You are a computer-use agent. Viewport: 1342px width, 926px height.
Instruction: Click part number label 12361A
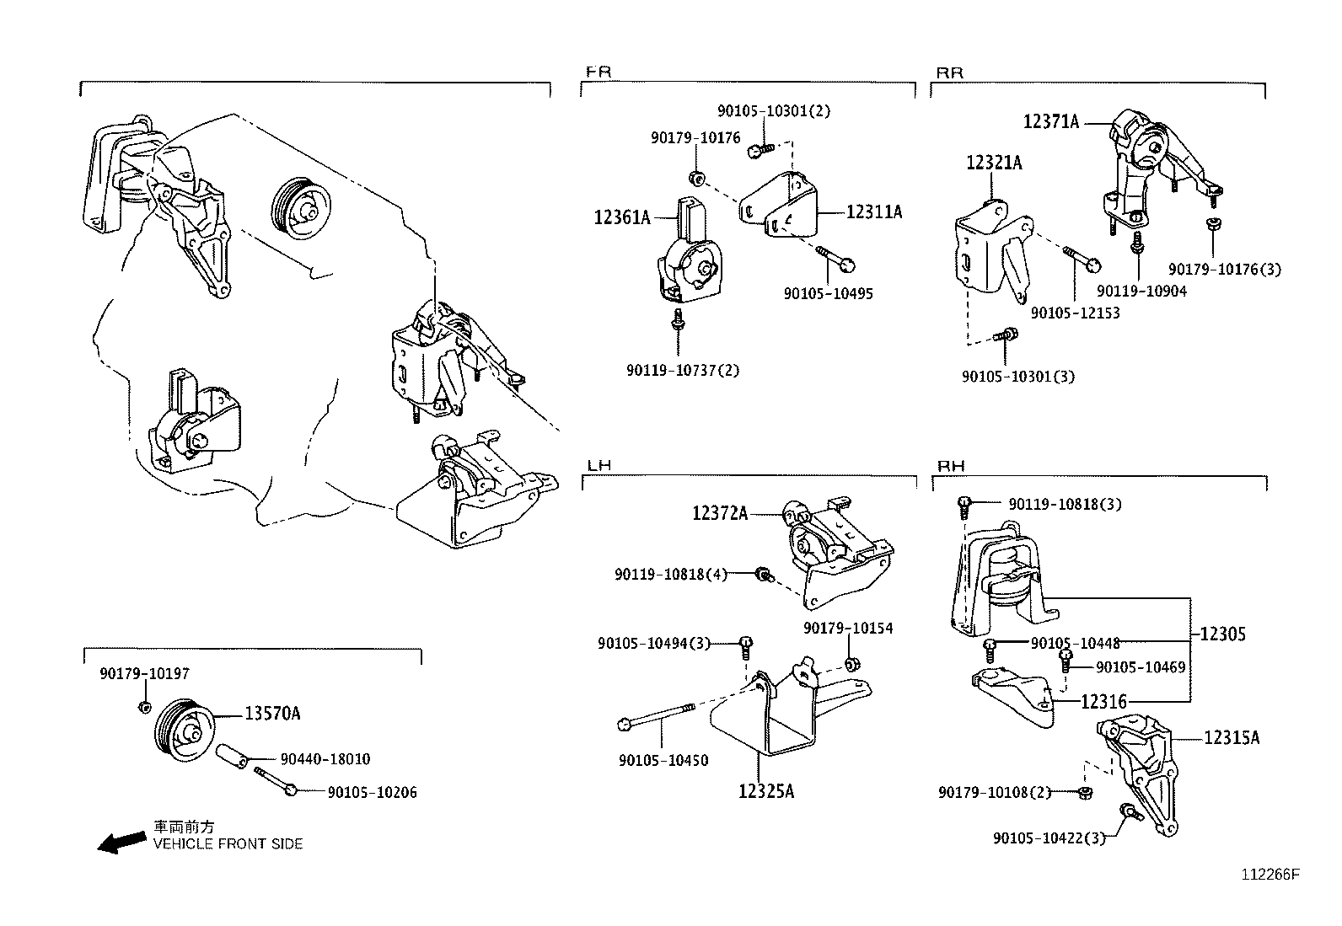(x=621, y=217)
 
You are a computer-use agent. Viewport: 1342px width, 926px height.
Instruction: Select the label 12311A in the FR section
(x=873, y=212)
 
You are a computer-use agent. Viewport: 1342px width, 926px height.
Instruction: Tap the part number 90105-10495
(x=828, y=293)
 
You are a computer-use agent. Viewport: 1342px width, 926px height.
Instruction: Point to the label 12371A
(x=1050, y=121)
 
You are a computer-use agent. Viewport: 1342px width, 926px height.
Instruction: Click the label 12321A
(x=994, y=163)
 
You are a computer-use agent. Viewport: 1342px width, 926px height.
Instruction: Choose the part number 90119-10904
(x=1141, y=291)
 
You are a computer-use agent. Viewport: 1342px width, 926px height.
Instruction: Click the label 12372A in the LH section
(x=720, y=512)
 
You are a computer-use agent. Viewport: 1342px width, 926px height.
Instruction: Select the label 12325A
(x=765, y=791)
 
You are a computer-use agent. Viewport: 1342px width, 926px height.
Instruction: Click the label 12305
(x=1222, y=634)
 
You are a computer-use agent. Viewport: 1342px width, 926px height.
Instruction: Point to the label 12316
(x=1103, y=701)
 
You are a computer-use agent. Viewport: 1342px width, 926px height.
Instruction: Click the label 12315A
(x=1231, y=737)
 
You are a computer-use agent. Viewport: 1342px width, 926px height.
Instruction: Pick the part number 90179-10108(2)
(x=995, y=792)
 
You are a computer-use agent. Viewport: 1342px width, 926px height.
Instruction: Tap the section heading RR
(x=949, y=72)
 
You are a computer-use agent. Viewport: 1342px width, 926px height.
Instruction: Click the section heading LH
(x=599, y=465)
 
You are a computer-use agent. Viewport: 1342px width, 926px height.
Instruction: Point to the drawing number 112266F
(x=1270, y=875)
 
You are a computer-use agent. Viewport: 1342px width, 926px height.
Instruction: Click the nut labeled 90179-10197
(x=143, y=705)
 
